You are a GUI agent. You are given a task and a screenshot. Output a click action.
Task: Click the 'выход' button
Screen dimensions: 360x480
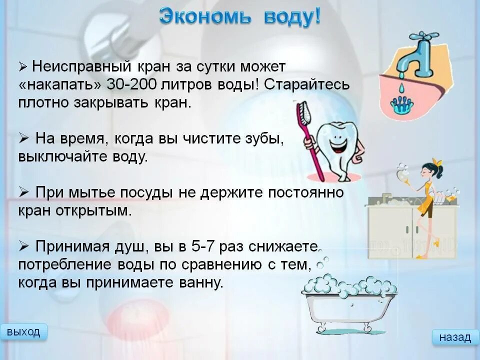coord(24,332)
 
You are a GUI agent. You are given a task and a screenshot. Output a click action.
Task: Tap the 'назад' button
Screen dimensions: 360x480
coord(455,337)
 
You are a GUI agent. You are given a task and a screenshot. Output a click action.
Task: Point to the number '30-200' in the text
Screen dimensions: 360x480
coord(131,84)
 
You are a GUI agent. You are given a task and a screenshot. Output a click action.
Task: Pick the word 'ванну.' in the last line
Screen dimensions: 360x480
coord(198,282)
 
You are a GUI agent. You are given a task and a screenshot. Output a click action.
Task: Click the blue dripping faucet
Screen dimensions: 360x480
coord(419,55)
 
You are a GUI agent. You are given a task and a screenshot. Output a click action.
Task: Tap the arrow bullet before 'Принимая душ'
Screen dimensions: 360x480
coord(23,246)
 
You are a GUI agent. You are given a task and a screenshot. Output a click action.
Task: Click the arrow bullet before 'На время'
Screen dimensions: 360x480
coord(23,138)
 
